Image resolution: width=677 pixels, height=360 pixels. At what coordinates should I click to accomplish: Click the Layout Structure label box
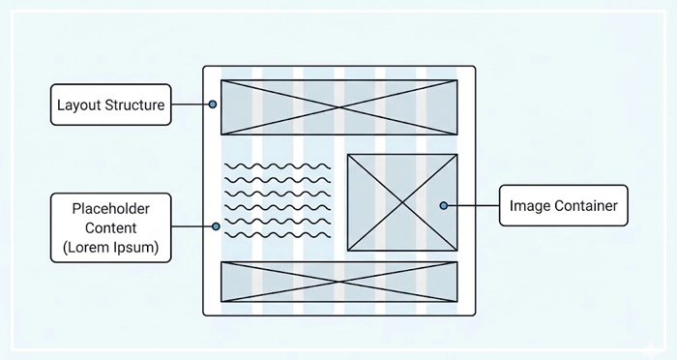pyautogui.click(x=110, y=105)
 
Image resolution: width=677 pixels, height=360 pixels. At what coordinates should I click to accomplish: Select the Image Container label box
pyautogui.click(x=563, y=205)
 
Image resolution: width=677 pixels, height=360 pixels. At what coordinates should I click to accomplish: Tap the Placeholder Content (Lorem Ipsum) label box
pyautogui.click(x=109, y=227)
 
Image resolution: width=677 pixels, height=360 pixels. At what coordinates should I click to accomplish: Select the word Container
pyautogui.click(x=583, y=205)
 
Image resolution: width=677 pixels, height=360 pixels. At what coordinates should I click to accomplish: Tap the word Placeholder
pyautogui.click(x=109, y=208)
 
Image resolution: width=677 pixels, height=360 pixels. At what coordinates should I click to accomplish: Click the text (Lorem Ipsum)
pyautogui.click(x=109, y=248)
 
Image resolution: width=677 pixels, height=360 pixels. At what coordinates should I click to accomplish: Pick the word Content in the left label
pyautogui.click(x=109, y=227)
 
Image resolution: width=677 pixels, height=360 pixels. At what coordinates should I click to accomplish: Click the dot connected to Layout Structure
pyautogui.click(x=212, y=104)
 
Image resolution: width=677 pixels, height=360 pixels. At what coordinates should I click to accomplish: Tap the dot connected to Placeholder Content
pyautogui.click(x=216, y=226)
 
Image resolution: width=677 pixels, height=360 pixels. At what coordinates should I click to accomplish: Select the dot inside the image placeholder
pyautogui.click(x=443, y=205)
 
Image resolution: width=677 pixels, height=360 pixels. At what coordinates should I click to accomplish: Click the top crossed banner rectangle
pyautogui.click(x=338, y=106)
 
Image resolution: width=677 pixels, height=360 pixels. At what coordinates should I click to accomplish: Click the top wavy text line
pyautogui.click(x=277, y=166)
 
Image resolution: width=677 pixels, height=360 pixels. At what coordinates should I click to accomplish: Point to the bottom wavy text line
pyautogui.click(x=277, y=234)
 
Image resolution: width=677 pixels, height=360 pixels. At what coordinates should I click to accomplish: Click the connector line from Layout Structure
pyautogui.click(x=191, y=104)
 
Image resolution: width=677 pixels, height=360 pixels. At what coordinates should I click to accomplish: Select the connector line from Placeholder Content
pyautogui.click(x=192, y=226)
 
